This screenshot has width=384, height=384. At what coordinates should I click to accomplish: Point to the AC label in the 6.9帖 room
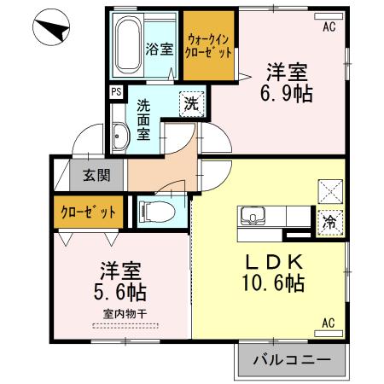click(329, 26)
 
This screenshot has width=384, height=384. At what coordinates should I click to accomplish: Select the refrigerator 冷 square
click(329, 220)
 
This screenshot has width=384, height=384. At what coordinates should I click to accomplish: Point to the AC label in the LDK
click(329, 323)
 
